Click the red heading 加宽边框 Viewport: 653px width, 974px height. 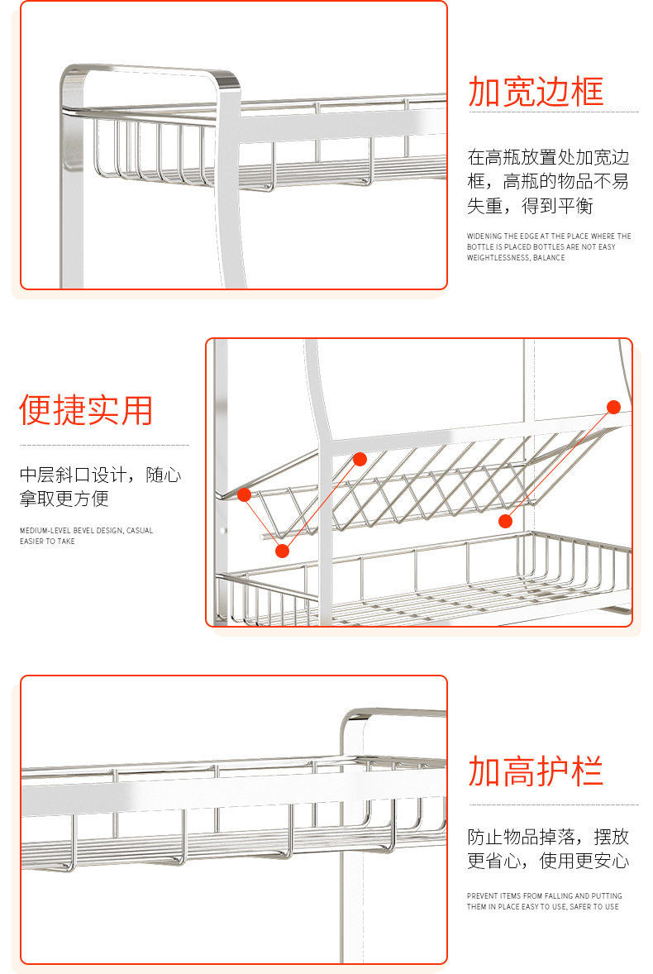pyautogui.click(x=536, y=92)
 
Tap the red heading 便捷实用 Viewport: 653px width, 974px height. pyautogui.click(x=86, y=411)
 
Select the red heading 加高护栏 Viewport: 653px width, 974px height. pyautogui.click(x=536, y=771)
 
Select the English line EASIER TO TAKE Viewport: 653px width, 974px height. pyautogui.click(x=47, y=542)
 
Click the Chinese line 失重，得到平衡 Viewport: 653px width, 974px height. pyautogui.click(x=530, y=207)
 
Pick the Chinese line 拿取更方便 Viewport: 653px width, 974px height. pyautogui.click(x=64, y=499)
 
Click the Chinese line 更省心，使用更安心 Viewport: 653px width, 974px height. pyautogui.click(x=548, y=861)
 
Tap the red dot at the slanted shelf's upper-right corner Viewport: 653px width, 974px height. pyautogui.click(x=613, y=407)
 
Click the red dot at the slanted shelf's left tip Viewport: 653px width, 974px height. pyautogui.click(x=244, y=494)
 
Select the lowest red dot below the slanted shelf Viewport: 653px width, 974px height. pyautogui.click(x=283, y=551)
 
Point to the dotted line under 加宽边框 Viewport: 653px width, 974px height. pyautogui.click(x=553, y=112)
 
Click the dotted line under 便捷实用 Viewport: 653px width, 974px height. pyautogui.click(x=104, y=445)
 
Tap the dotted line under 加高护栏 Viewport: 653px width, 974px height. pyautogui.click(x=553, y=805)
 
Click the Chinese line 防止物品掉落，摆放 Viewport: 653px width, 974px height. pyautogui.click(x=548, y=837)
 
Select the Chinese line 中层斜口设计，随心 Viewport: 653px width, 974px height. pyautogui.click(x=100, y=475)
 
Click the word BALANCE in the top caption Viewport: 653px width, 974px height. pyautogui.click(x=550, y=258)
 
